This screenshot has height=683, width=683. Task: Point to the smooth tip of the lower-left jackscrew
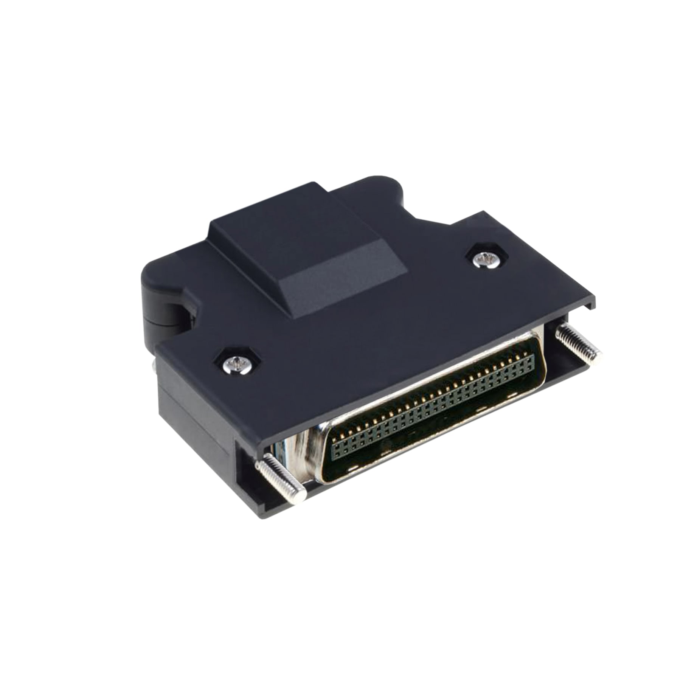pos(300,494)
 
